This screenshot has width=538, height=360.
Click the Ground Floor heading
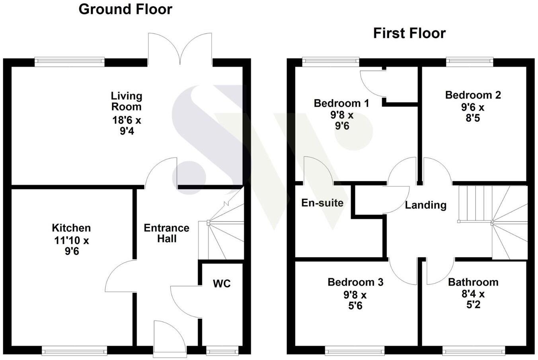[125, 9]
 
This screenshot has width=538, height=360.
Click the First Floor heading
[409, 33]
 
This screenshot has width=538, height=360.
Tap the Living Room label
[126, 101]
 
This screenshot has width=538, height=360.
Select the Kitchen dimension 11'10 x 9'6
[72, 246]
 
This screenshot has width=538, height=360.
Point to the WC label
[222, 284]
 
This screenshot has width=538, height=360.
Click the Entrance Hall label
[166, 233]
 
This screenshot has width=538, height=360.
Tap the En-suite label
[322, 203]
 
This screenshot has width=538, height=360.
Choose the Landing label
[426, 205]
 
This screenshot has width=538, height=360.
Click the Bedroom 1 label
[341, 103]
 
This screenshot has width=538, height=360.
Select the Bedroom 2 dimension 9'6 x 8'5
[473, 113]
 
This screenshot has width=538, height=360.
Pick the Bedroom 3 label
[355, 282]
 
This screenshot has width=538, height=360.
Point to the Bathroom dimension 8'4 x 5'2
[473, 300]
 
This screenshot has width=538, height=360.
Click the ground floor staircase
[221, 231]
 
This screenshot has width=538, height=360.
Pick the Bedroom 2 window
[470, 62]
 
